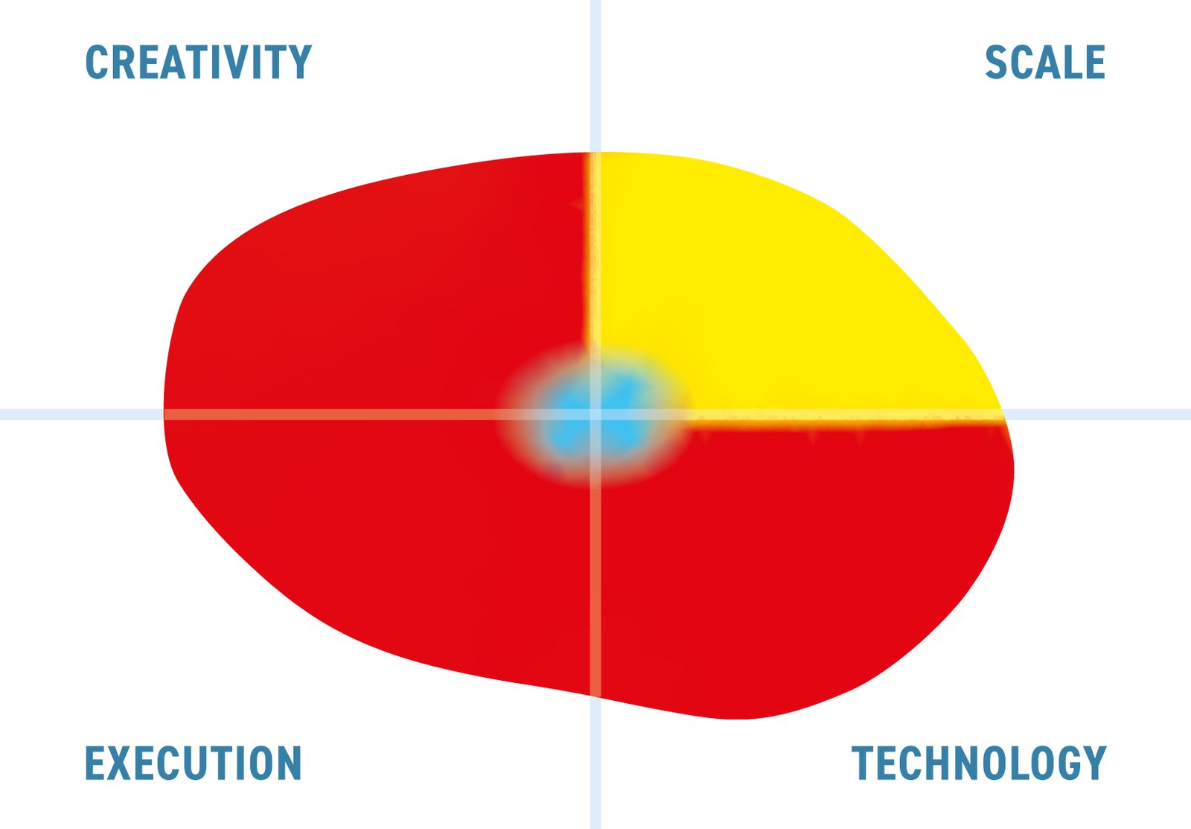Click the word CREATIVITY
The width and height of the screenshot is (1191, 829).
coord(198,63)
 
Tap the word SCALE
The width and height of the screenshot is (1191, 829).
coord(1045,63)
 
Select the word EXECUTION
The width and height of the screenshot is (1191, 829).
coord(193,763)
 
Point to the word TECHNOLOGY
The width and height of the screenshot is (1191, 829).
coord(979,763)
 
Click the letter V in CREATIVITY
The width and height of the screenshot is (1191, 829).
coord(252,63)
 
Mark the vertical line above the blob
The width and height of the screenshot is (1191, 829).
coord(595,76)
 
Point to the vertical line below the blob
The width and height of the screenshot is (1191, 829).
coord(595,763)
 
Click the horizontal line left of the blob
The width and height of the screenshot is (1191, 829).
coord(82,414)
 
